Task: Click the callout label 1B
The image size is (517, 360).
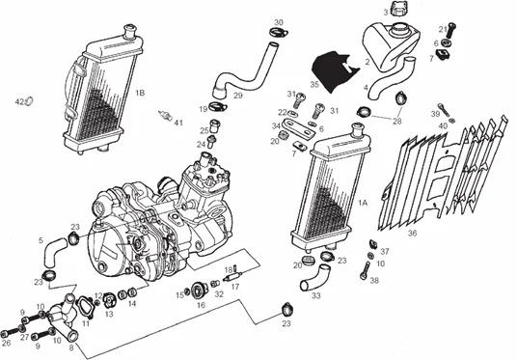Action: click(x=140, y=93)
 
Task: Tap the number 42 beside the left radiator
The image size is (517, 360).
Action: click(x=18, y=101)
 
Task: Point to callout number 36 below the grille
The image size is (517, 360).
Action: click(x=412, y=232)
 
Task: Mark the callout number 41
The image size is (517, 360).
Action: click(x=177, y=123)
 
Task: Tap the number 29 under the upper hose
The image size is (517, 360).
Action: click(x=237, y=96)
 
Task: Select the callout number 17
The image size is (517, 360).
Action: click(x=235, y=287)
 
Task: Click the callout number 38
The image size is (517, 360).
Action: click(x=374, y=282)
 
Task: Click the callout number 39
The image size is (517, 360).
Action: click(x=436, y=113)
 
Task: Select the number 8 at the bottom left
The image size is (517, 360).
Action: click(x=71, y=346)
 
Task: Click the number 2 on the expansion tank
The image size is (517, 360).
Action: click(x=367, y=61)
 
